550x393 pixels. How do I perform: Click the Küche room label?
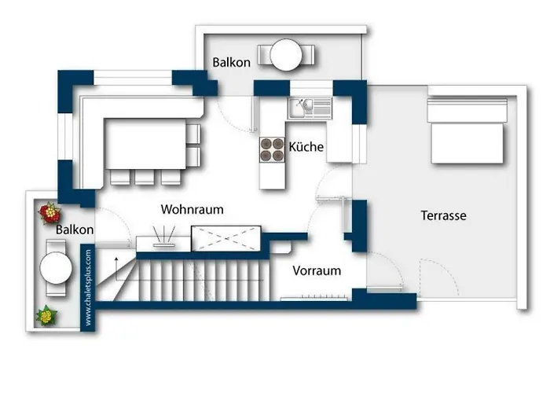tap(306, 147)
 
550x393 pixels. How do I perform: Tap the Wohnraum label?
tap(192, 210)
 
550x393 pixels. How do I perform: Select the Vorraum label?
tap(317, 270)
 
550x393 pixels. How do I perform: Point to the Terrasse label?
tap(444, 215)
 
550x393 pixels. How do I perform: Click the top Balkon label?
tap(231, 62)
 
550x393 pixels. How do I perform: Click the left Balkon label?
tap(75, 230)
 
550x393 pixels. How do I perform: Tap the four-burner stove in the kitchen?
tap(273, 149)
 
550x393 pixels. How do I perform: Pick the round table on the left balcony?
tap(57, 266)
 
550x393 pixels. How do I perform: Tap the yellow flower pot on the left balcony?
tap(47, 315)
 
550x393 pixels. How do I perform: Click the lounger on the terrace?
tap(466, 132)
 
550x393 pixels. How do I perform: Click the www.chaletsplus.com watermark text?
tap(88, 287)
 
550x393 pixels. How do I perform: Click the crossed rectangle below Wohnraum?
tap(226, 237)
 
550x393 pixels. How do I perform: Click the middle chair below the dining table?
tap(144, 177)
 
